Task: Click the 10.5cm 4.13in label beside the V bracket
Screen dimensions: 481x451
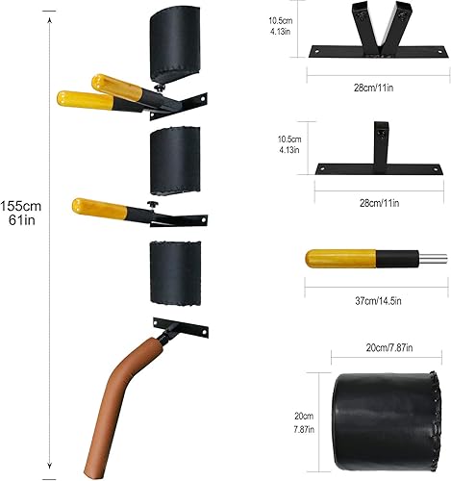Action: (x=281, y=25)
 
